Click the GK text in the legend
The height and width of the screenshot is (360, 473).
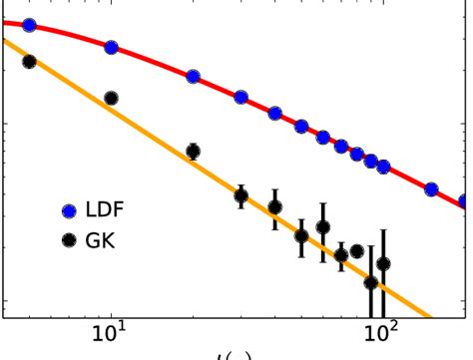102,240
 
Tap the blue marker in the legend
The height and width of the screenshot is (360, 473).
69,210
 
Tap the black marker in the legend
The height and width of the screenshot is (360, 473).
69,240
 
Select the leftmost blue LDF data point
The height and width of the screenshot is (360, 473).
29,25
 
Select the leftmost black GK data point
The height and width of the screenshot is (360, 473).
29,62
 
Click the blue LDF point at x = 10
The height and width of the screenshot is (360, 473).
111,47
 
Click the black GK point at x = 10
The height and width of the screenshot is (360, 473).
111,98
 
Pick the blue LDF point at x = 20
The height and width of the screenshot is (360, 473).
193,77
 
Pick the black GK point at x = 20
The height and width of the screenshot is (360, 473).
193,152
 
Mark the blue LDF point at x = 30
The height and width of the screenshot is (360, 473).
240,98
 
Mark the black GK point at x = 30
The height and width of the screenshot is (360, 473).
240,195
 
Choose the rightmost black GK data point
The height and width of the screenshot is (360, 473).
383,264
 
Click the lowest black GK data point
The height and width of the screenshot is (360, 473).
371,282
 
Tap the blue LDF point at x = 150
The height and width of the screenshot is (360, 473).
431,188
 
